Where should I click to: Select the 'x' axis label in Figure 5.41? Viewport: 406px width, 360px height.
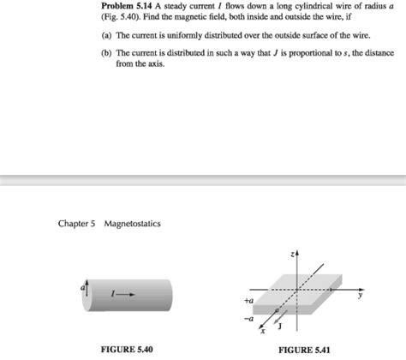click(263, 331)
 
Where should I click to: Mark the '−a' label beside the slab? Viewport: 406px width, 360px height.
click(249, 318)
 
